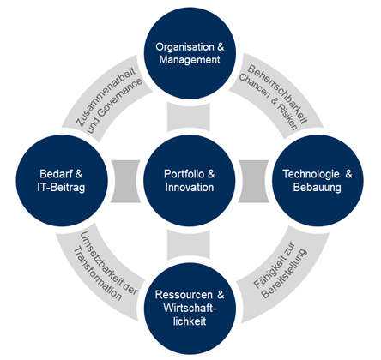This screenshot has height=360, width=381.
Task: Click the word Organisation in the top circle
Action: (184, 47)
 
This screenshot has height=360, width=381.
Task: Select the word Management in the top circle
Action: (190, 60)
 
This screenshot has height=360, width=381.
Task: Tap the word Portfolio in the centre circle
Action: (184, 174)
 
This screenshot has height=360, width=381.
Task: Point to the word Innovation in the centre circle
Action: (190, 187)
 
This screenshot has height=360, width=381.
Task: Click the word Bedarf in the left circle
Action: (56, 174)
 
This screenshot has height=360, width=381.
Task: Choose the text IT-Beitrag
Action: (61, 188)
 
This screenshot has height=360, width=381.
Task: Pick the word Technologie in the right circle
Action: (311, 174)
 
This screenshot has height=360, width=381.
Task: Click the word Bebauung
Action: (317, 188)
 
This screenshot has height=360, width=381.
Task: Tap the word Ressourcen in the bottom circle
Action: (184, 295)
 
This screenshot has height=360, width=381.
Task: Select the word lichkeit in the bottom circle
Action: (190, 321)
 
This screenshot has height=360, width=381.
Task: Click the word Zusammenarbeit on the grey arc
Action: (105, 97)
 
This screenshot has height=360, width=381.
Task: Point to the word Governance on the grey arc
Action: (114, 105)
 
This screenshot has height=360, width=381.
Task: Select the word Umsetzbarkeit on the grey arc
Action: (105, 258)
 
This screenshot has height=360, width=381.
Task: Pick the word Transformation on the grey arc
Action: (98, 273)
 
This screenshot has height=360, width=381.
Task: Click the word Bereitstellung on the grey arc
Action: (284, 273)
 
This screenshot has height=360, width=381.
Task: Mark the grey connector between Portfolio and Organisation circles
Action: (189, 117)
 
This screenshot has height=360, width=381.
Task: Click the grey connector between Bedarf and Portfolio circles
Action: (125, 181)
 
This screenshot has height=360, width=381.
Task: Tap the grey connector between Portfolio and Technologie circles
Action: (253, 181)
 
